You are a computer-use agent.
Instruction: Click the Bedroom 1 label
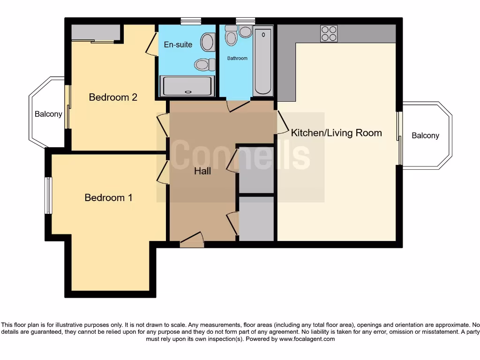pyautogui.click(x=108, y=198)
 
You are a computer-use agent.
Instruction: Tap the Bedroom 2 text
pyautogui.click(x=113, y=97)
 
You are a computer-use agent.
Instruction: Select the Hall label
pyautogui.click(x=202, y=172)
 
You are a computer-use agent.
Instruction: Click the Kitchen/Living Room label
pyautogui.click(x=336, y=133)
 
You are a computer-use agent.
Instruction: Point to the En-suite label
pyautogui.click(x=178, y=45)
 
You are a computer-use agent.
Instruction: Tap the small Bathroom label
pyautogui.click(x=237, y=59)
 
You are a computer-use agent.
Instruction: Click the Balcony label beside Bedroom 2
pyautogui.click(x=48, y=114)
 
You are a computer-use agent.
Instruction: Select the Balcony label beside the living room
pyautogui.click(x=425, y=135)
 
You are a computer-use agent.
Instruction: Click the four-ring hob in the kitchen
pyautogui.click(x=329, y=34)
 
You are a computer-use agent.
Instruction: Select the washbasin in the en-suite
pyautogui.click(x=207, y=42)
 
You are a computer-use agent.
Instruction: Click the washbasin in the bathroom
pyautogui.click(x=245, y=31)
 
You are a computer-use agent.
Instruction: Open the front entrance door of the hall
pyautogui.click(x=192, y=242)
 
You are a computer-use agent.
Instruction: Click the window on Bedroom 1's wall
pyautogui.click(x=48, y=195)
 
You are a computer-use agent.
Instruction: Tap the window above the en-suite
pyautogui.click(x=191, y=21)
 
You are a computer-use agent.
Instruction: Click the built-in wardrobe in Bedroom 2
pyautogui.click(x=95, y=33)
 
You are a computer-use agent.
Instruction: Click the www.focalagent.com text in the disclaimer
pyautogui.click(x=307, y=338)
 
